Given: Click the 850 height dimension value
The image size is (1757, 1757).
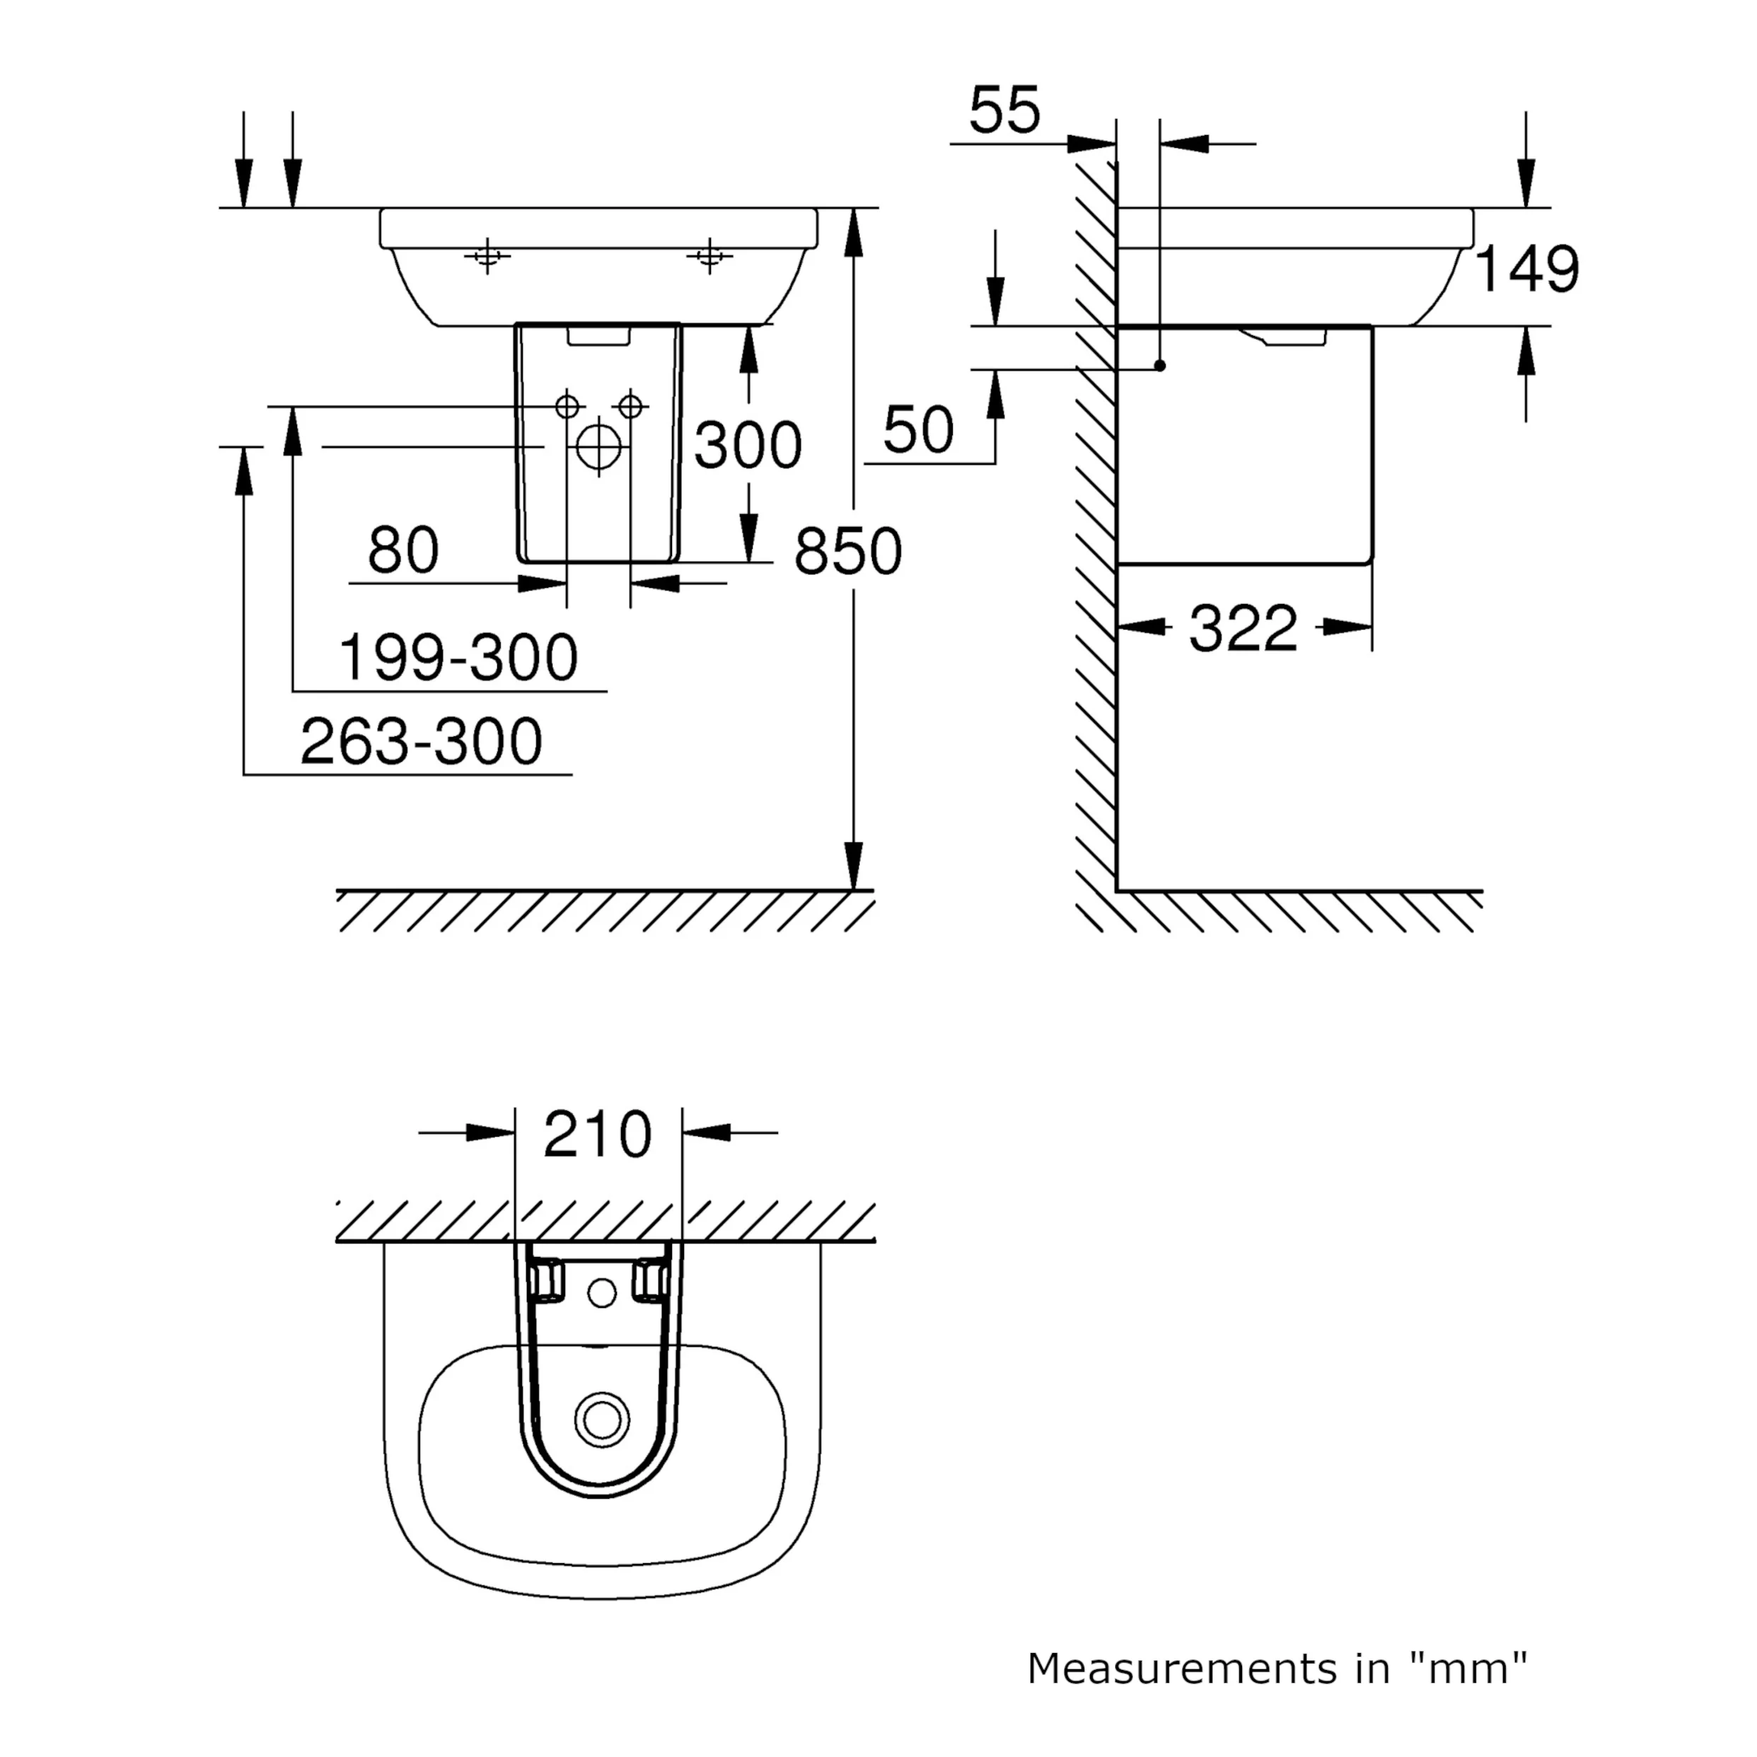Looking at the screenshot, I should pos(847,551).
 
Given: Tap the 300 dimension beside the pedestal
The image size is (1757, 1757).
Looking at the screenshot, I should pos(748,446).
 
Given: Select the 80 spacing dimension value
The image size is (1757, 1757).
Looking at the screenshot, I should pos(403,550).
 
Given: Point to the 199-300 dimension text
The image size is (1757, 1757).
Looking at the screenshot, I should pos(458,658).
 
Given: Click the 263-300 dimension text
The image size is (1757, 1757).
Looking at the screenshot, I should pos(421,741).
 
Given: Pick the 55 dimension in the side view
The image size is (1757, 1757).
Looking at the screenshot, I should pos(1004,111).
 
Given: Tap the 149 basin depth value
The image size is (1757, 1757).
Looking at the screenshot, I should pos(1526,270).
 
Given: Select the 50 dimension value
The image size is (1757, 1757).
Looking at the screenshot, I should pos(919,430).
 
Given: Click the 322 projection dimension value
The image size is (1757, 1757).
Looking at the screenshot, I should pos(1243,628).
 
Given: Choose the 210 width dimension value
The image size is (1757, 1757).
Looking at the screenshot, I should pos(598,1134).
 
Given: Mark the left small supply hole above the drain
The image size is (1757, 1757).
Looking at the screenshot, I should pos(567,405).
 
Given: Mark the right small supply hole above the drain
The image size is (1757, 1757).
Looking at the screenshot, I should pos(630,405).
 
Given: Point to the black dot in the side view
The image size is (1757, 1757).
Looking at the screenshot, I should pos(1159,366).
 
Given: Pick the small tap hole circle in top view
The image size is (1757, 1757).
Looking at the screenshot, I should pos(602,1292).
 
